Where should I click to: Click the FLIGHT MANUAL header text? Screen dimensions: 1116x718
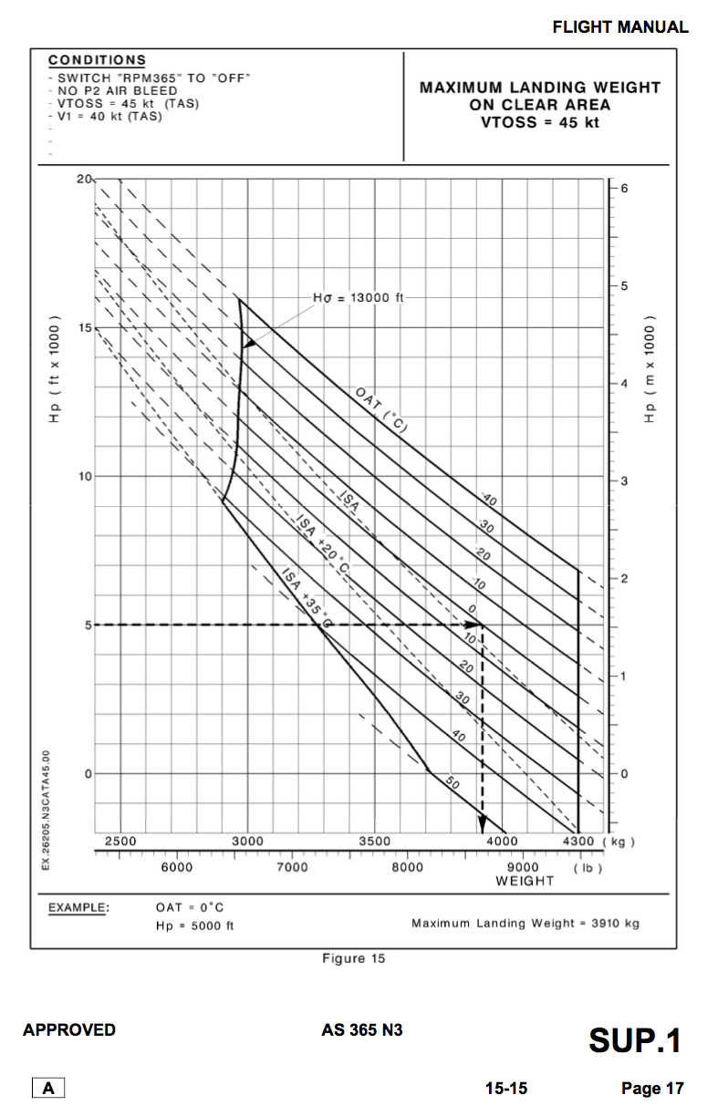(619, 27)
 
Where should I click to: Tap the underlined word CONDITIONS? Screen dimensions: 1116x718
(97, 60)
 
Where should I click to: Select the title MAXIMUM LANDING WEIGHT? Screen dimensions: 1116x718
(539, 88)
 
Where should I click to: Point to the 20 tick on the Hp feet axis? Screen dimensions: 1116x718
(85, 179)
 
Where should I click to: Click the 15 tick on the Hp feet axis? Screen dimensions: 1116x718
(85, 327)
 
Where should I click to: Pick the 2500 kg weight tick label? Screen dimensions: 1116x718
(120, 841)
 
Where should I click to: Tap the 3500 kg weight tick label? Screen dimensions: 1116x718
(375, 841)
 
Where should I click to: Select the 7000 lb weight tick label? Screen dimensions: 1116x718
(292, 867)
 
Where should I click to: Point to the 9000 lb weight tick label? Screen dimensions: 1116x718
(524, 867)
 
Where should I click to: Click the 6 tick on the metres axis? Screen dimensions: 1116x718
(624, 188)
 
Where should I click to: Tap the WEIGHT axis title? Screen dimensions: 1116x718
(525, 881)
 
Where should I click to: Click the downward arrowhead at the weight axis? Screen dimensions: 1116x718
(482, 825)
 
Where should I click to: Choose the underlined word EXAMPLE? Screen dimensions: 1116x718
(78, 907)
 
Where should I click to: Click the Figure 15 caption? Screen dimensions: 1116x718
(354, 957)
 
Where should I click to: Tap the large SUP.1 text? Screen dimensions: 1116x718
(635, 1040)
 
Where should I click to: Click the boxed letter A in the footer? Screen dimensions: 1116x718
(48, 1088)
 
